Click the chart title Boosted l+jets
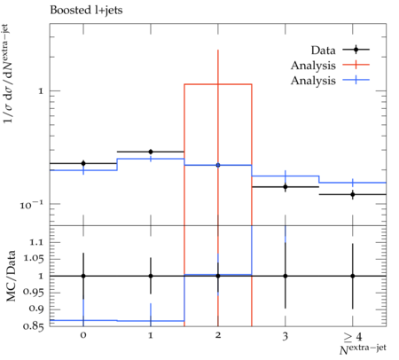pyautogui.click(x=86, y=11)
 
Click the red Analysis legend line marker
pyautogui.click(x=356, y=65)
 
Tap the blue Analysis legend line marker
pyautogui.click(x=356, y=80)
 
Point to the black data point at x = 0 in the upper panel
pyautogui.click(x=83, y=163)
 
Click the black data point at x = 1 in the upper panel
pyautogui.click(x=151, y=152)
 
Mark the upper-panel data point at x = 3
pyautogui.click(x=286, y=187)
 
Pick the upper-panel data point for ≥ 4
pyautogui.click(x=352, y=194)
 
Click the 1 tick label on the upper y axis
pyautogui.click(x=41, y=91)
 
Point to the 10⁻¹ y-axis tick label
pyautogui.click(x=31, y=205)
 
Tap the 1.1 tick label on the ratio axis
pyautogui.click(x=36, y=242)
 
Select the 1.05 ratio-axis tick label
pyautogui.click(x=33, y=259)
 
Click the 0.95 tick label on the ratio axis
pyautogui.click(x=33, y=292)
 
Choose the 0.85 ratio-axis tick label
pyautogui.click(x=33, y=326)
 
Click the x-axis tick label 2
pyautogui.click(x=218, y=335)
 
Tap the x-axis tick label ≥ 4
pyautogui.click(x=353, y=336)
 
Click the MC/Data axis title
pyautogui.click(x=11, y=276)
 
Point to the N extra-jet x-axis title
pyautogui.click(x=363, y=348)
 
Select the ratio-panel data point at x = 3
pyautogui.click(x=286, y=276)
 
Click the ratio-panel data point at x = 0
pyautogui.click(x=83, y=276)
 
